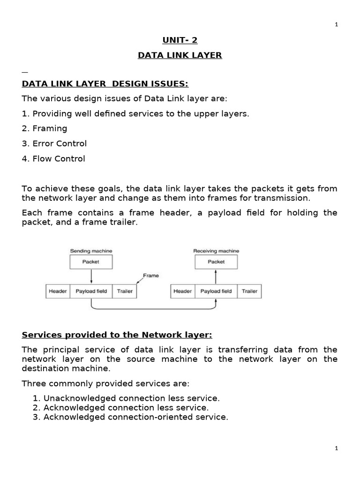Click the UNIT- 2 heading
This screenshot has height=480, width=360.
180,40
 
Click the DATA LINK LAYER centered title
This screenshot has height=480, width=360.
180,55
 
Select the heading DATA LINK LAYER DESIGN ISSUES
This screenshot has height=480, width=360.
105,83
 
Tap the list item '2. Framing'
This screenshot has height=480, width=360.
45,128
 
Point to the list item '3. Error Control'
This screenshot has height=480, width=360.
54,143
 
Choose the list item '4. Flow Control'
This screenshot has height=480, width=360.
53,158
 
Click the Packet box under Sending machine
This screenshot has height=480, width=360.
91,262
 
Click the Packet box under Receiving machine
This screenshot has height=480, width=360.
216,262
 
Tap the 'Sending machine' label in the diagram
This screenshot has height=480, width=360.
91,251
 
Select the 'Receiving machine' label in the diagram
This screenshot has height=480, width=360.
216,251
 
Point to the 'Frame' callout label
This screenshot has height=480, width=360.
150,276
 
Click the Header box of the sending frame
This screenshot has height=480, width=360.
58,291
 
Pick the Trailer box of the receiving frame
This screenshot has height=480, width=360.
249,291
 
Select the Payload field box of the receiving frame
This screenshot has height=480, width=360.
216,291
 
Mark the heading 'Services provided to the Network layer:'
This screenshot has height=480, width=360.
117,335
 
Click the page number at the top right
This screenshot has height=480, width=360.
336,25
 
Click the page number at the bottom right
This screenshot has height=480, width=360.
336,449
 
